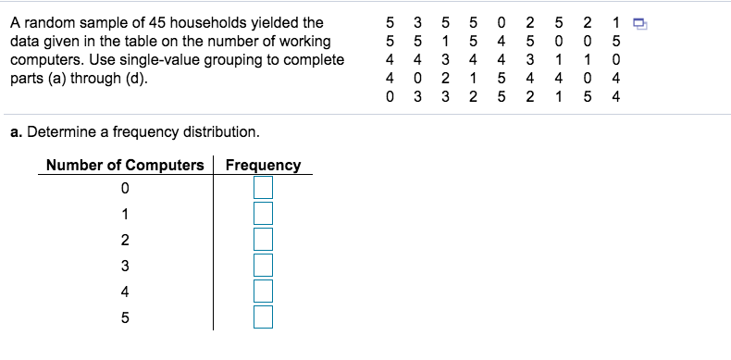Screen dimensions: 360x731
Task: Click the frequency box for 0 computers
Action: coord(264,188)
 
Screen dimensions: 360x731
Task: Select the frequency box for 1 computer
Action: coord(264,214)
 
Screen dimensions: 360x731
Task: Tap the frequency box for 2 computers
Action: coord(264,240)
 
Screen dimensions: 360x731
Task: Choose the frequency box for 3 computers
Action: coord(264,266)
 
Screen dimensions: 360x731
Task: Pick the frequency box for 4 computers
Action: coord(264,292)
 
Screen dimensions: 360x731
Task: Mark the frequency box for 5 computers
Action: coord(264,317)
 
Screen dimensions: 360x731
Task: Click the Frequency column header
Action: coord(263,165)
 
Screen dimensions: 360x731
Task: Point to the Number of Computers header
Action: coord(125,165)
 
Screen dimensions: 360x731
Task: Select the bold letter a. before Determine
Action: coord(16,131)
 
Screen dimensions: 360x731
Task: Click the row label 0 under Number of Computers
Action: coord(125,189)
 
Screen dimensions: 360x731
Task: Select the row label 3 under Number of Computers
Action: coord(125,267)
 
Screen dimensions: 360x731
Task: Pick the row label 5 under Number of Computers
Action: coord(125,318)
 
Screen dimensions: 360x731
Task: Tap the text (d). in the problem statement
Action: coord(134,78)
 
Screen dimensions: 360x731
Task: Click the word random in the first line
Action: coord(46,23)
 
